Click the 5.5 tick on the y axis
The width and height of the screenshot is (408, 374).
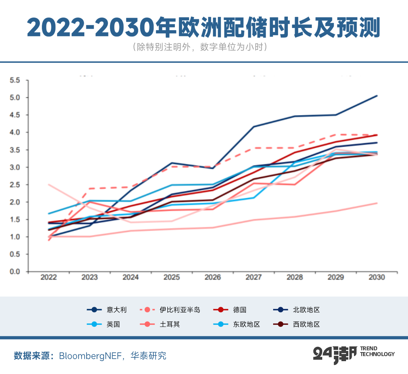[15, 80]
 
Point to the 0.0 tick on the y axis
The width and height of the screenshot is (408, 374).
[15, 272]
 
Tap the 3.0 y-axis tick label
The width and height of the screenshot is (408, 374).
[15, 167]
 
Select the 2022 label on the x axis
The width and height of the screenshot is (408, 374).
[48, 277]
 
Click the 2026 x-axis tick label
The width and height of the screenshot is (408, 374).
[212, 277]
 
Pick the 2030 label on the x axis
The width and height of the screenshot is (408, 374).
[376, 277]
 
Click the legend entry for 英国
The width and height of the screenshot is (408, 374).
[113, 324]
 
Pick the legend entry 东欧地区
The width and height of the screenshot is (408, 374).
[247, 324]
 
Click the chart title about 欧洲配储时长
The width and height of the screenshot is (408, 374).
[204, 27]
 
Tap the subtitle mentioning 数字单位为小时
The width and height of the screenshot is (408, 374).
[204, 47]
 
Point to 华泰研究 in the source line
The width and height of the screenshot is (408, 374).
[148, 356]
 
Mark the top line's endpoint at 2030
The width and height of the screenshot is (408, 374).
[377, 96]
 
